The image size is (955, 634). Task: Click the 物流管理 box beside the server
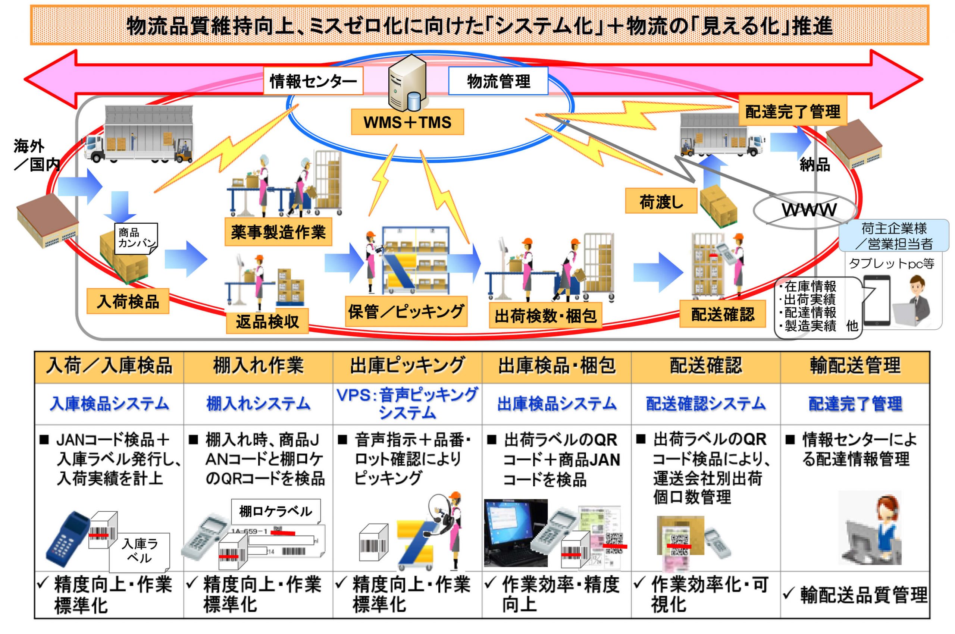(x=498, y=81)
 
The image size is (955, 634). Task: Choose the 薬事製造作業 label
(x=278, y=232)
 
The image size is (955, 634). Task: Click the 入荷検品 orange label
(x=128, y=301)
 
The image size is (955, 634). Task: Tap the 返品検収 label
(x=267, y=321)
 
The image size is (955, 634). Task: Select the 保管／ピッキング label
(x=406, y=312)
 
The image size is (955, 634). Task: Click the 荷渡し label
(x=661, y=201)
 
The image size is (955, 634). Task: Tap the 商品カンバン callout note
(x=136, y=238)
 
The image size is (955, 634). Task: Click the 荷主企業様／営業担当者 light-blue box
(x=893, y=236)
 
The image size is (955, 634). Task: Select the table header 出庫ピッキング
(x=407, y=366)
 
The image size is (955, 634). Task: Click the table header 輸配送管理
(x=855, y=366)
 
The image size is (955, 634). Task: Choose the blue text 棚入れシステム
(x=258, y=404)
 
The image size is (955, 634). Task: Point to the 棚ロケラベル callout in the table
(x=275, y=511)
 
